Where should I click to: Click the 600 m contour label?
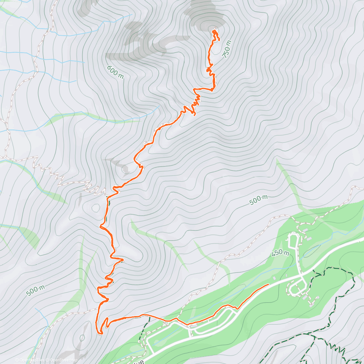(116, 72)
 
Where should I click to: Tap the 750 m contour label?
(227, 49)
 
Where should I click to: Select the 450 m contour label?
(280, 252)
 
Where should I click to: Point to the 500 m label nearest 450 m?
(258, 200)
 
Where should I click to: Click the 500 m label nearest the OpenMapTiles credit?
(35, 291)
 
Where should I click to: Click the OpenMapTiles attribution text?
(32, 360)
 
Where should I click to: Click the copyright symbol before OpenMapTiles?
(17, 360)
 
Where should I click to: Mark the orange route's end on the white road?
(268, 285)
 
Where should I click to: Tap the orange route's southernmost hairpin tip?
(101, 333)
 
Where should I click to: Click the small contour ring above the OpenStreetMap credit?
(82, 337)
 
